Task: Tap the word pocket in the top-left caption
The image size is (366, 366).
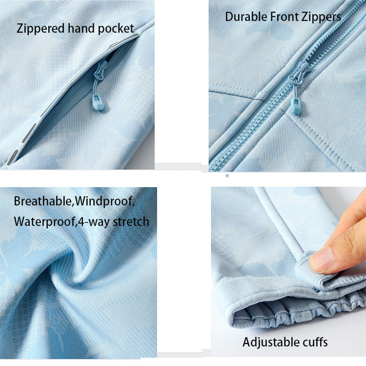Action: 116,29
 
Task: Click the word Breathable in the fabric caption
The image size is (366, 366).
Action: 43,201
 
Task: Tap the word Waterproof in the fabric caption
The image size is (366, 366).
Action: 45,222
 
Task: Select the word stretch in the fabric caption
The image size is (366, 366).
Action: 131,222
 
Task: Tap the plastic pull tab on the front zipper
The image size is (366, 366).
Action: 296,106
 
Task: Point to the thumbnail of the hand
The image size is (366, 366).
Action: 321,259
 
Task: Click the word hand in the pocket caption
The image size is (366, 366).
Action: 81,28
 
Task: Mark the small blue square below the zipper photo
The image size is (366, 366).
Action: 227,176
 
